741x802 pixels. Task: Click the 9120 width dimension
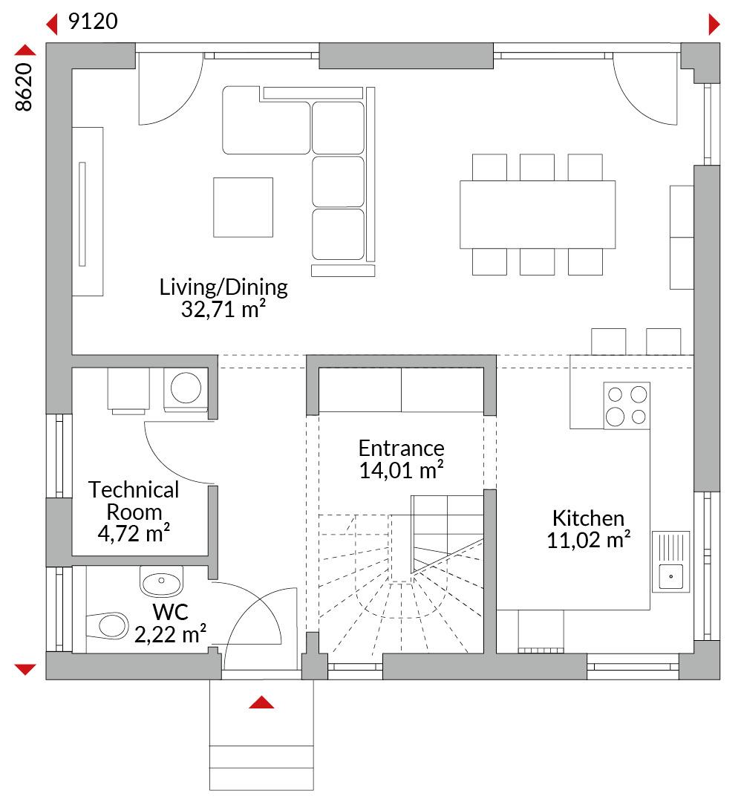point(93,21)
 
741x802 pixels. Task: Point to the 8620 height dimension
point(24,87)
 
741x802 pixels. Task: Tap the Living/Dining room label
point(223,287)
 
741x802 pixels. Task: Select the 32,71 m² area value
point(223,309)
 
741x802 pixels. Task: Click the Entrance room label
point(402,449)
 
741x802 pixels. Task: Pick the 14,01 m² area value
point(402,470)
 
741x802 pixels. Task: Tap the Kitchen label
point(588,518)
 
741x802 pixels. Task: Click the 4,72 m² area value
point(134,533)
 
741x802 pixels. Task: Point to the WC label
point(170,612)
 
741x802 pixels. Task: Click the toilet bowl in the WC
point(108,625)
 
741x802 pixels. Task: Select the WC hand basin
point(162,581)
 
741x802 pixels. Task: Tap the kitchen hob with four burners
point(627,405)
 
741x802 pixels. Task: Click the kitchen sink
point(671,561)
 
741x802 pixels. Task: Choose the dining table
point(538,215)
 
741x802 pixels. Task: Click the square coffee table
point(243,207)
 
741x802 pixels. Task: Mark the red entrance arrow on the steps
point(261,702)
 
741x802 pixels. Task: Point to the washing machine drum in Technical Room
point(186,388)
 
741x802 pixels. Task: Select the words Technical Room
point(134,501)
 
